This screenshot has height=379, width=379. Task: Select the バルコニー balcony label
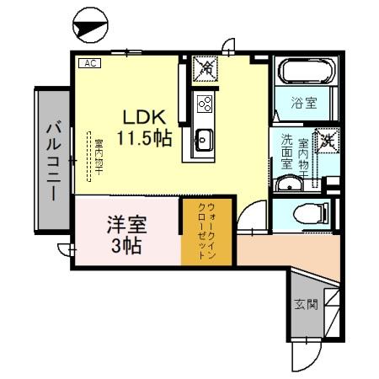click(x=51, y=160)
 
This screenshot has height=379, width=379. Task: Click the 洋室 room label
click(x=126, y=225)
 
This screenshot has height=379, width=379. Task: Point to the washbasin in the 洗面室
click(x=290, y=184)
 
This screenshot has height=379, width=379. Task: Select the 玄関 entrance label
click(x=306, y=304)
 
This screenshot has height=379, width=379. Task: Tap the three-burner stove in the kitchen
click(x=204, y=104)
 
